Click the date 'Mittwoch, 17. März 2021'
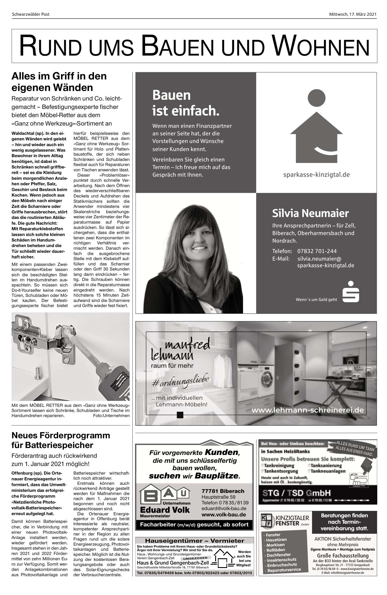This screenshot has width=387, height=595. pos(353,14)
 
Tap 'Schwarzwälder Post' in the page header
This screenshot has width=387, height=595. pos(31,14)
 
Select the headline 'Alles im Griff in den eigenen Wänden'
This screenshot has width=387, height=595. pos(59,82)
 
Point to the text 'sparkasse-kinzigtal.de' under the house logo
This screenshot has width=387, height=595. pos(316,174)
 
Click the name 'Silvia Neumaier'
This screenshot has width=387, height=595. pos(310,213)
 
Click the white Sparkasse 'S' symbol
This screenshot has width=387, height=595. pos(351,292)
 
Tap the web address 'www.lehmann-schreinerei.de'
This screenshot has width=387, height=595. pos(307,410)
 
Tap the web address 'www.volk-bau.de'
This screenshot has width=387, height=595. pos(224,514)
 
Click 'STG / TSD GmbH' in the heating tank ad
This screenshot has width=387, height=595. pos(296,493)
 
